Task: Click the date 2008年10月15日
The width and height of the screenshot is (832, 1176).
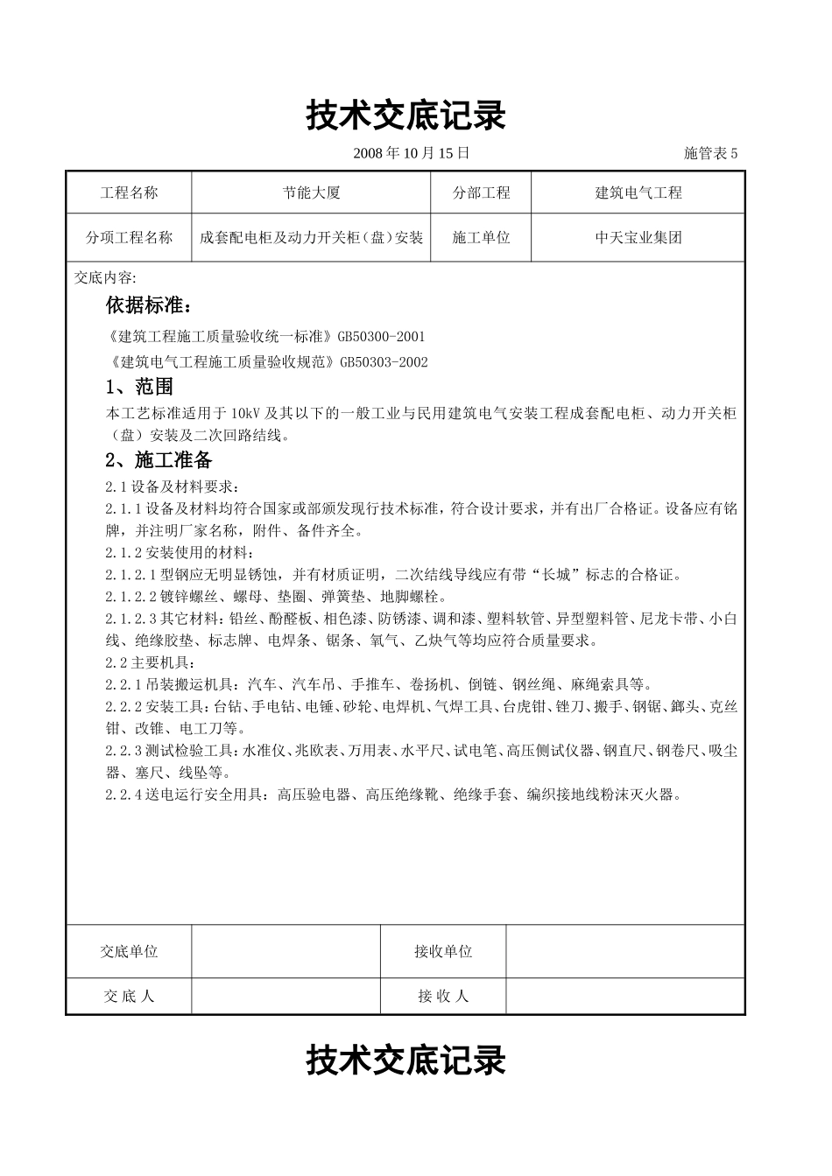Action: click(411, 153)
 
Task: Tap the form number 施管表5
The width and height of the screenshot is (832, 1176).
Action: click(710, 153)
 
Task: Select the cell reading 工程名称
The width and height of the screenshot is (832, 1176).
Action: click(129, 192)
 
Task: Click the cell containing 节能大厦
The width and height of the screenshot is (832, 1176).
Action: click(311, 192)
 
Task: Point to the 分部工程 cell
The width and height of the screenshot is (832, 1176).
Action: click(481, 192)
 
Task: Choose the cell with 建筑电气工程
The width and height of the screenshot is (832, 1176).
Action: click(638, 192)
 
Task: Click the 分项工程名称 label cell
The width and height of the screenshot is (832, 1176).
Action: click(129, 237)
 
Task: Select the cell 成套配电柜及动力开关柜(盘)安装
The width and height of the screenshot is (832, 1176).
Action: click(311, 237)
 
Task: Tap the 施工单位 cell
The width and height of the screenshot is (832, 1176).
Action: click(481, 237)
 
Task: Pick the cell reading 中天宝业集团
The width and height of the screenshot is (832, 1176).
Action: click(638, 237)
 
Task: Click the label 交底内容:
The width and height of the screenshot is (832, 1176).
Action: click(105, 278)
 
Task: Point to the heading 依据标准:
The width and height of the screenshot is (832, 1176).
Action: click(146, 305)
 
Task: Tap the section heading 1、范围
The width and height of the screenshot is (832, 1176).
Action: click(139, 386)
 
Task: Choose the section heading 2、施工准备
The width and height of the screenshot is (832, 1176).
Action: click(159, 459)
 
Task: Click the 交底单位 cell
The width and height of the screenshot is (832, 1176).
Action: click(129, 951)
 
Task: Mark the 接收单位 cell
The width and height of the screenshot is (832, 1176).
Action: click(443, 951)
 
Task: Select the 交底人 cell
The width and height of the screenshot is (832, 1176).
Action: click(129, 996)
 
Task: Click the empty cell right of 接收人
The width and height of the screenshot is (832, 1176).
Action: click(625, 996)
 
